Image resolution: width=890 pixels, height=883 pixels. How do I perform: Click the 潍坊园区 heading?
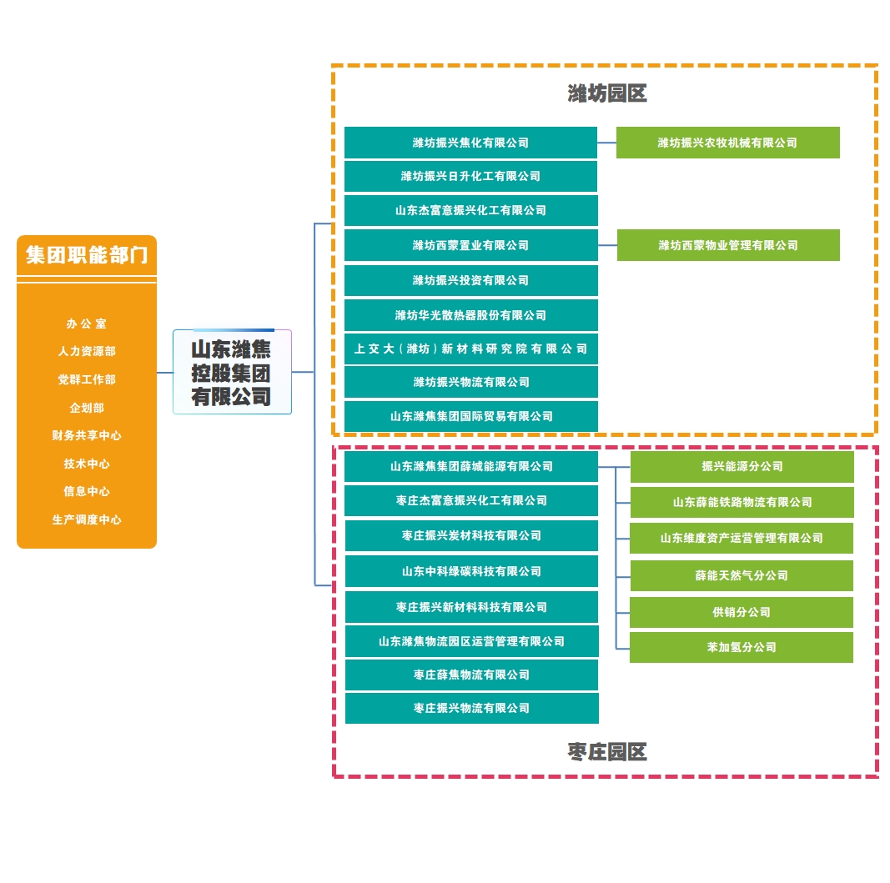pyautogui.click(x=607, y=93)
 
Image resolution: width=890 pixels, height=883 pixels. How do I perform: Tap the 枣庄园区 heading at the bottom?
pyautogui.click(x=607, y=752)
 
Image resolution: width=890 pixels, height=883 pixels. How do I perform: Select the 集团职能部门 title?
pyautogui.click(x=87, y=255)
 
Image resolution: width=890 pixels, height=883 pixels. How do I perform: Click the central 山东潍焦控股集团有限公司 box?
pyautogui.click(x=231, y=372)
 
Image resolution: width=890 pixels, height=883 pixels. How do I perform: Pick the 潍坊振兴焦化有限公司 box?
pyautogui.click(x=470, y=143)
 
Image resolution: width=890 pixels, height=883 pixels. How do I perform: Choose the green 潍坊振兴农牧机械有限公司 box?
pyautogui.click(x=727, y=143)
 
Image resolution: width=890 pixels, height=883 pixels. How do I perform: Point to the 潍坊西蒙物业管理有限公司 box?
pyautogui.click(x=728, y=245)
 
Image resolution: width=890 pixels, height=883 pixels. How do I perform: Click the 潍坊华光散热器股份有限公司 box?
pyautogui.click(x=470, y=315)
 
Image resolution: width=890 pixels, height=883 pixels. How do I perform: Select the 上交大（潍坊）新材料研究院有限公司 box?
pyautogui.click(x=470, y=349)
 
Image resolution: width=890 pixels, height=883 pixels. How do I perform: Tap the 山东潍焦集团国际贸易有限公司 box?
pyautogui.click(x=470, y=416)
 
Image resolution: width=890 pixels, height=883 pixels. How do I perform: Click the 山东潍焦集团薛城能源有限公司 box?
pyautogui.click(x=470, y=466)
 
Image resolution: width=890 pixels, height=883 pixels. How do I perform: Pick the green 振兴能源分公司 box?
pyautogui.click(x=742, y=466)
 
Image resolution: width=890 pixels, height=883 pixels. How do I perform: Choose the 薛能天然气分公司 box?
pyautogui.click(x=742, y=575)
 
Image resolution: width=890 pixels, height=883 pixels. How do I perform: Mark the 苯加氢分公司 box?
pyautogui.click(x=742, y=647)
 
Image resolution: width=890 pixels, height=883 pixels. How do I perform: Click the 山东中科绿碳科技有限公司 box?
pyautogui.click(x=470, y=571)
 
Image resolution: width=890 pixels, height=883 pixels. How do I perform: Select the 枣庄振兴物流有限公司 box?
pyautogui.click(x=470, y=708)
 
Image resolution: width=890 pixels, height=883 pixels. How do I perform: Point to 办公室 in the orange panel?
pyautogui.click(x=87, y=324)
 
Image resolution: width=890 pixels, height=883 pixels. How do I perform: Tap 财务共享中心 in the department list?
pyautogui.click(x=87, y=435)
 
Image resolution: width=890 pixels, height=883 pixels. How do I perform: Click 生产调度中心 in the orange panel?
pyautogui.click(x=87, y=519)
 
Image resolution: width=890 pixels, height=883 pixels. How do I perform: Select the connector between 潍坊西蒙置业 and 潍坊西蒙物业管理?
pyautogui.click(x=607, y=245)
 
